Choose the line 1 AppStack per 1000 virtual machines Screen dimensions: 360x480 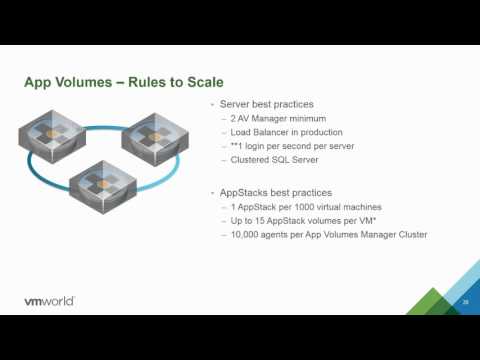click(x=305, y=207)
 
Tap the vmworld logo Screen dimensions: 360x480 click(x=49, y=301)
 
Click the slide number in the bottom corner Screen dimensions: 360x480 click(x=466, y=301)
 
